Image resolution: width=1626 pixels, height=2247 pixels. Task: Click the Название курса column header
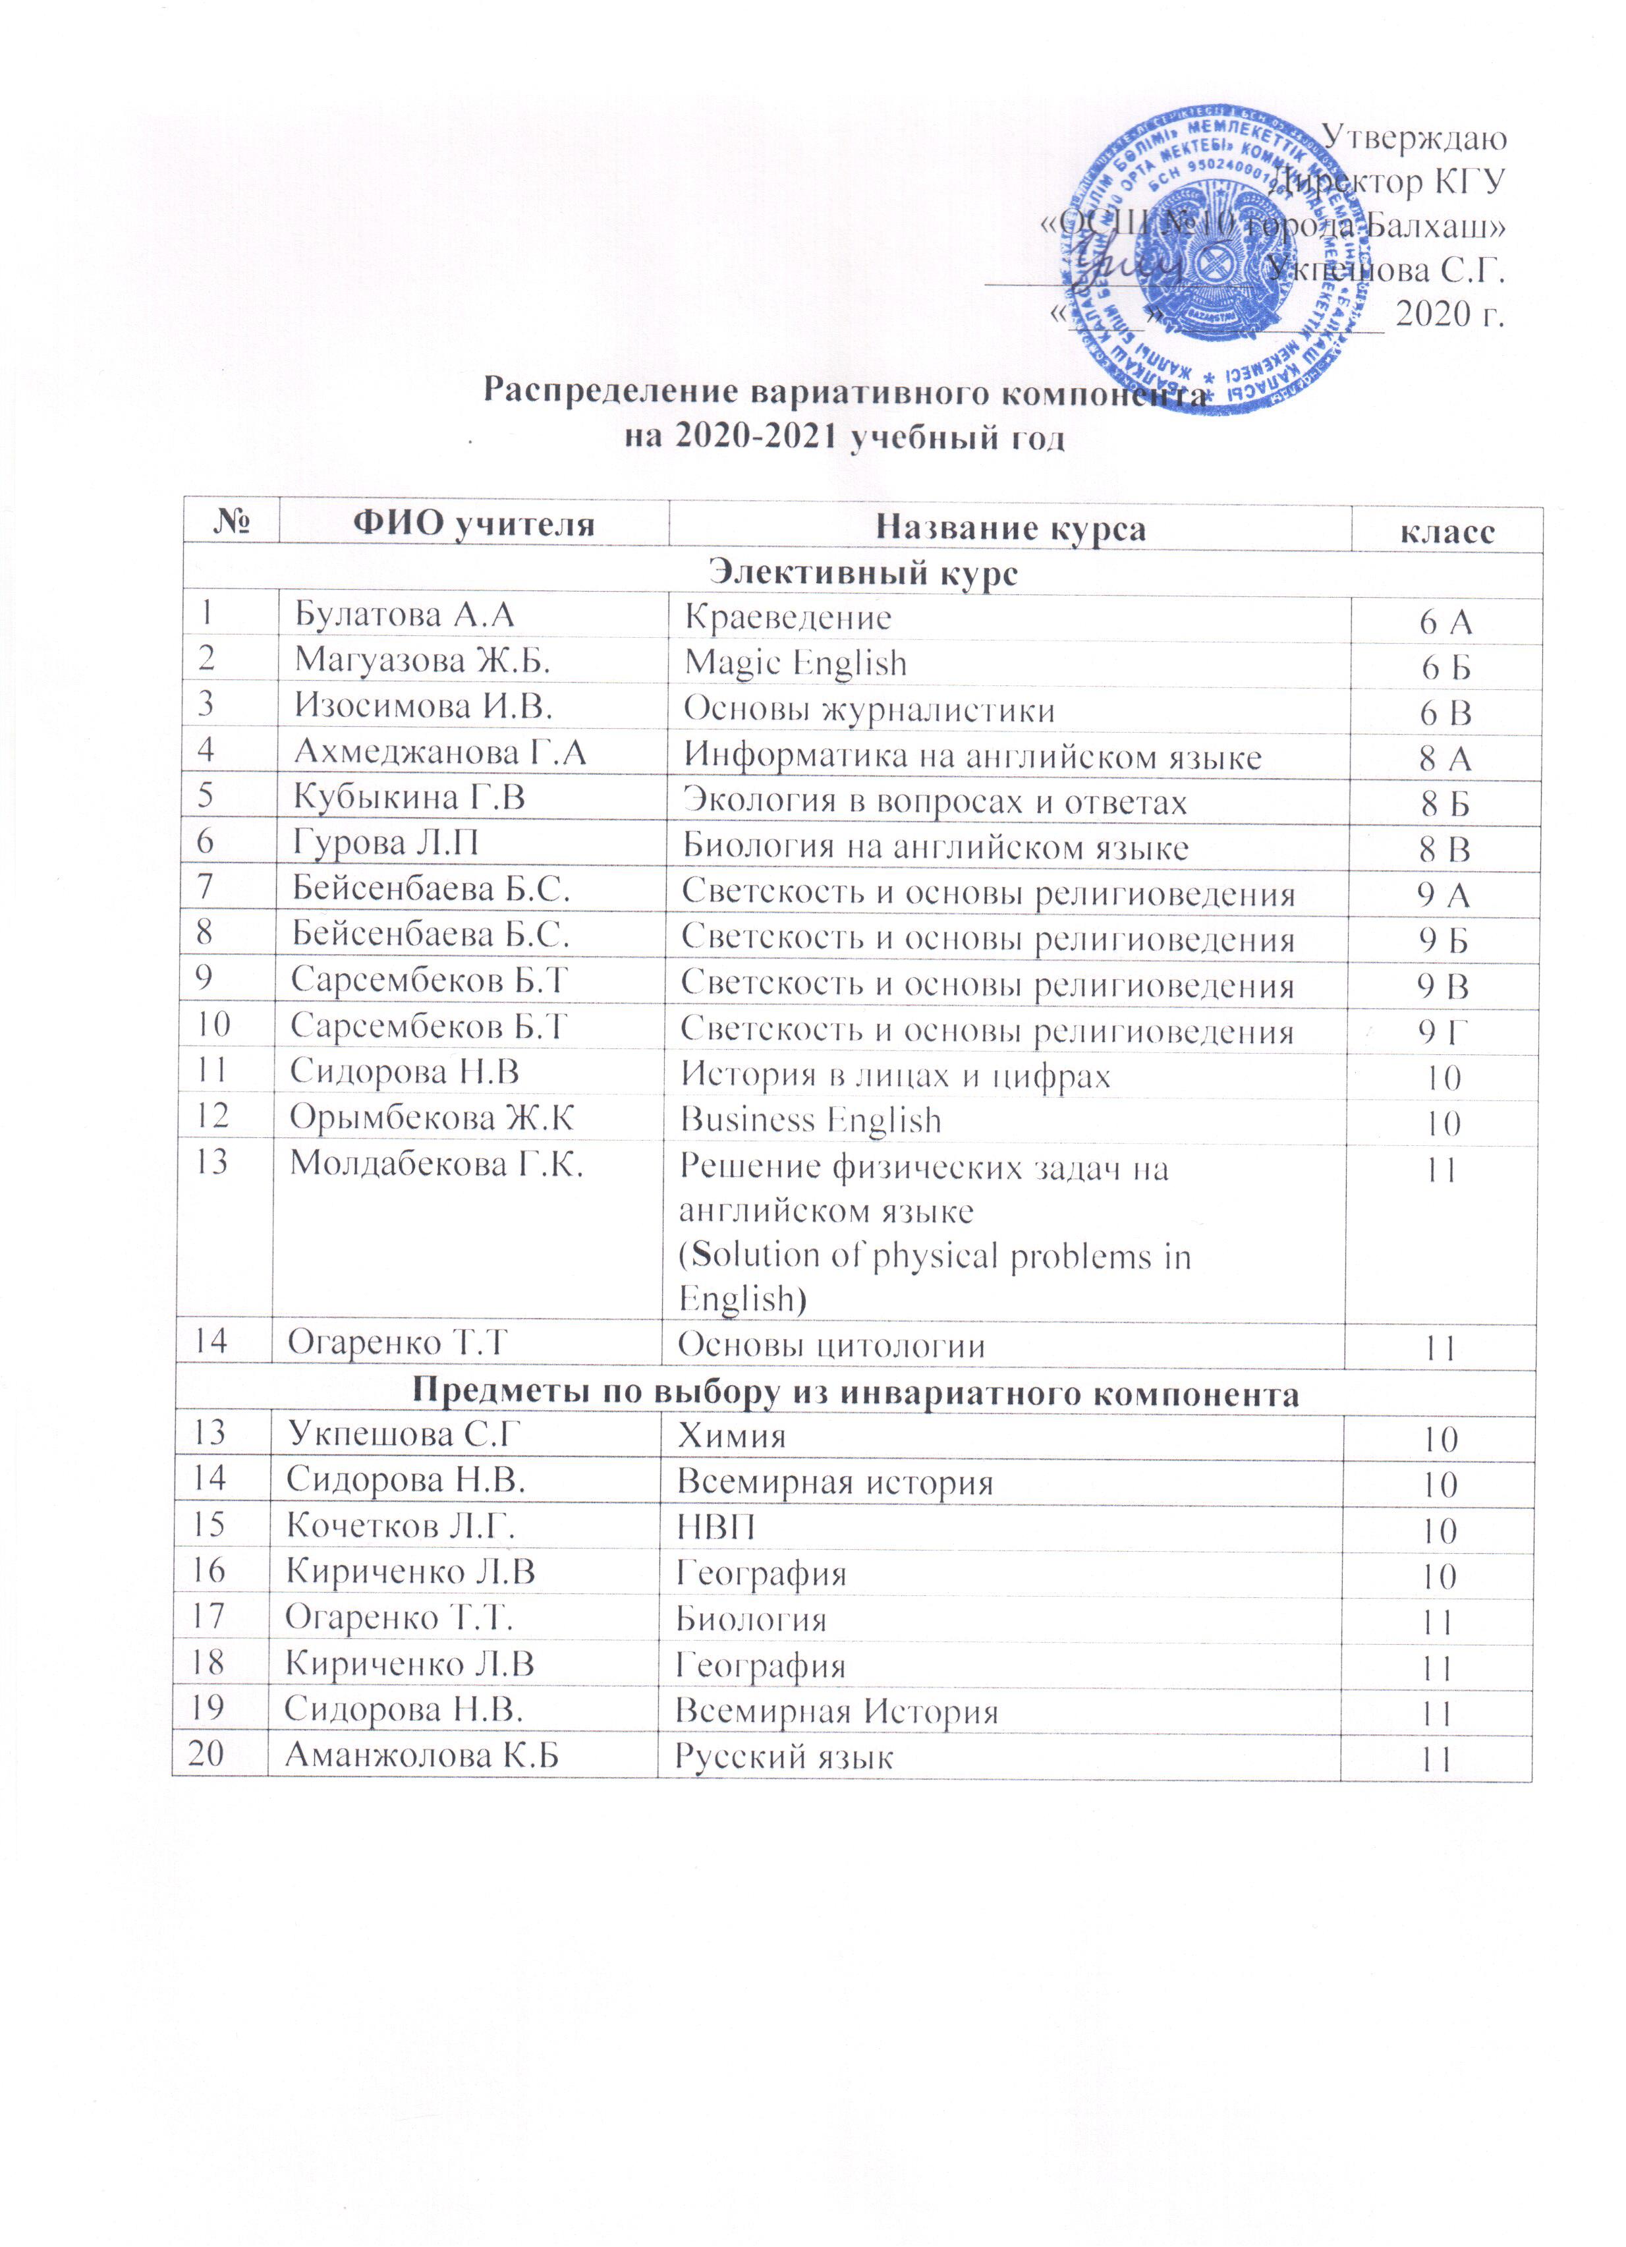tap(1010, 528)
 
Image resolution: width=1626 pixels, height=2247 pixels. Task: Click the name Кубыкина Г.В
tap(408, 797)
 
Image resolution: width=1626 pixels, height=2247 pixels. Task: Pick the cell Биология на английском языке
tap(936, 847)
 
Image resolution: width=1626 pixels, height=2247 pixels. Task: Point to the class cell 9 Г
tap(1442, 1033)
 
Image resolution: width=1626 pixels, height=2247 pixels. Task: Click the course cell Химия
tap(731, 1436)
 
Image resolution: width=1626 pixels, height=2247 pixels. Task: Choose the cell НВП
tap(715, 1527)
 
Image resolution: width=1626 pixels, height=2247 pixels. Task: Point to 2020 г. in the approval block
tap(1449, 314)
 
